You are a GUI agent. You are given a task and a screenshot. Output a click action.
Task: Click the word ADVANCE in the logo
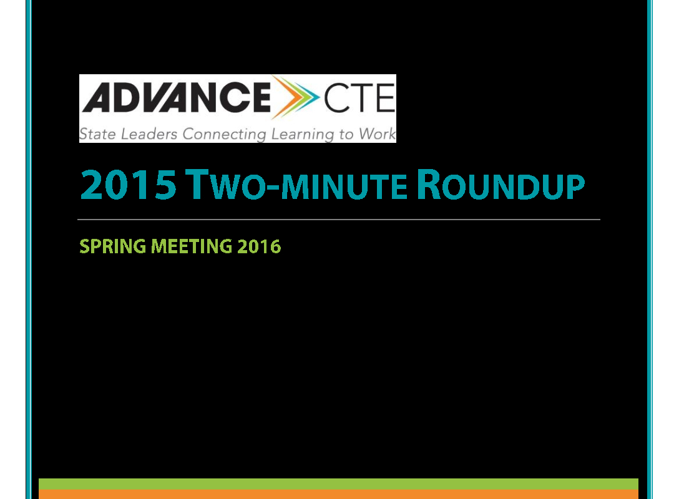[176, 97]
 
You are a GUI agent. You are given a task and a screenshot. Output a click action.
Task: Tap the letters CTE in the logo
[359, 98]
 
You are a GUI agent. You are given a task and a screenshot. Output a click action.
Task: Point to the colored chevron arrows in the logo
[295, 97]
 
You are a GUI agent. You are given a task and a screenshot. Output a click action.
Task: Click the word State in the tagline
[97, 133]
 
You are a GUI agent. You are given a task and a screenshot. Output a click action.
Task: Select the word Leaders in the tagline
[149, 133]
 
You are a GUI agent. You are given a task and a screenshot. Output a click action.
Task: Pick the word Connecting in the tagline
[224, 134]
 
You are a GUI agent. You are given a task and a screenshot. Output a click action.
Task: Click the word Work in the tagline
[377, 133]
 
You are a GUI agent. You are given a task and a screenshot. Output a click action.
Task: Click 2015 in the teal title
[129, 185]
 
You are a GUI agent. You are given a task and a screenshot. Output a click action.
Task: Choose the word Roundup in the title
[501, 185]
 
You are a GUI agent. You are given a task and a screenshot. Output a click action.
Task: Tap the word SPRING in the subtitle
[112, 246]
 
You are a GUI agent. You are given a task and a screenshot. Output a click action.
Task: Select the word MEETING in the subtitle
[192, 246]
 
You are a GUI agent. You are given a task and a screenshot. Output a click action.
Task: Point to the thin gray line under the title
[339, 220]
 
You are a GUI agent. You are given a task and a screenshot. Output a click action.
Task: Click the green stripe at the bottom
[339, 484]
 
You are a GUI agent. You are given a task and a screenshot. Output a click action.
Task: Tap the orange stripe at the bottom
[339, 494]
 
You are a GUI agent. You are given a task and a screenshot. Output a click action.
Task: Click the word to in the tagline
[346, 134]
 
